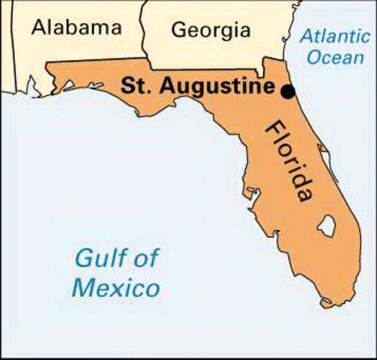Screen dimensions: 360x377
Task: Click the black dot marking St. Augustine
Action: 288,91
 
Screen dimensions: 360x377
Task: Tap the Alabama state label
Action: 76,28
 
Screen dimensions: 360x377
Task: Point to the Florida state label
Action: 289,161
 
